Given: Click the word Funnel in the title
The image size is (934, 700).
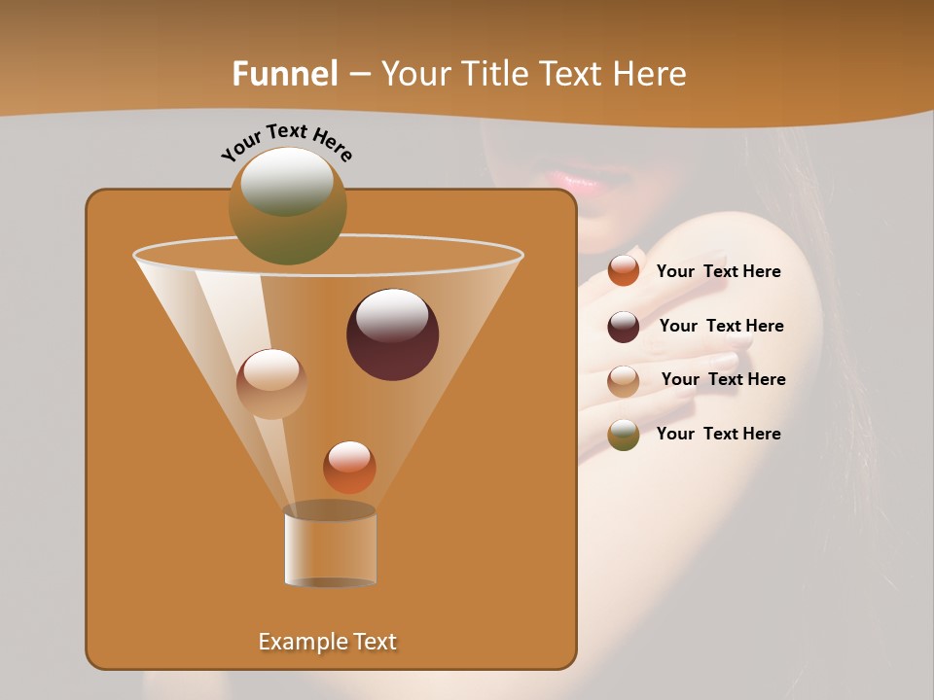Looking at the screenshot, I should pyautogui.click(x=284, y=74).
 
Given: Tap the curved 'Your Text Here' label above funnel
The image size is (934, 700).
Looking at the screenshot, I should pyautogui.click(x=286, y=141).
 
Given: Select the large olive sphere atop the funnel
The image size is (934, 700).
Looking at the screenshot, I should pyautogui.click(x=288, y=205).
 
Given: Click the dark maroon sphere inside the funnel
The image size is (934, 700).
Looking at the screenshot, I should pyautogui.click(x=393, y=334).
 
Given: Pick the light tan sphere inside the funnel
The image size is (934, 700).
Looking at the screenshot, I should pyautogui.click(x=271, y=384).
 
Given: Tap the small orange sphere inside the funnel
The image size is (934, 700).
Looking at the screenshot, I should pyautogui.click(x=349, y=468).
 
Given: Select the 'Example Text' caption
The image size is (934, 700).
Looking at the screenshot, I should pyautogui.click(x=327, y=642).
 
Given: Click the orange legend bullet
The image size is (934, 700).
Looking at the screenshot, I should pyautogui.click(x=624, y=271).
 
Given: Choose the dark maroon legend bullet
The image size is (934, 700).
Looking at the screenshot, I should pyautogui.click(x=624, y=327).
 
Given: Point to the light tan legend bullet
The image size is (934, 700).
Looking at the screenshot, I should pyautogui.click(x=624, y=380).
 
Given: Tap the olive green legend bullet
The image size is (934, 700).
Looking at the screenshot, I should pyautogui.click(x=624, y=435).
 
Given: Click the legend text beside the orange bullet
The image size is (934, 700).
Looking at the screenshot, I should pyautogui.click(x=718, y=272).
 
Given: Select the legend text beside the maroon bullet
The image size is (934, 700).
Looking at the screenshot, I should pyautogui.click(x=721, y=327).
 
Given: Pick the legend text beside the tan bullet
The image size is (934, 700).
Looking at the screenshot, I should pyautogui.click(x=723, y=380).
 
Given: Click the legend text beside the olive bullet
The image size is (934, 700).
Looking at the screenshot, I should pyautogui.click(x=718, y=435).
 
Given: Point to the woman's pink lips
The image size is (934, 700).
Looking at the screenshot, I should pyautogui.click(x=576, y=181).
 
